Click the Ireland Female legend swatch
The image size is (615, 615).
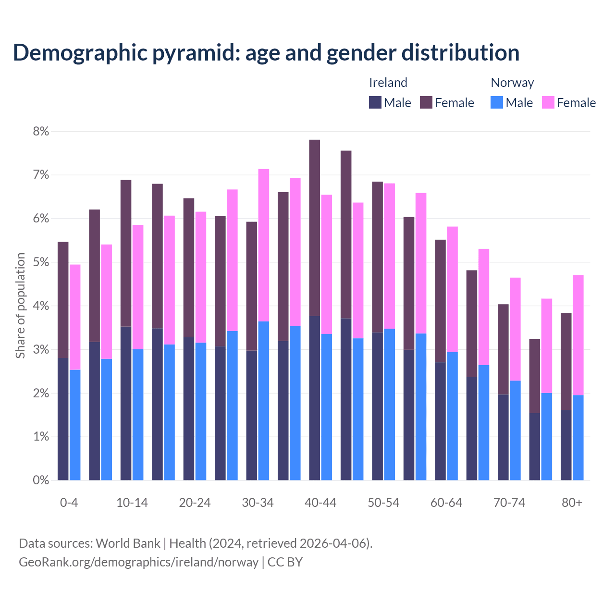click(426, 102)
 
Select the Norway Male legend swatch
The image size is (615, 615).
click(497, 102)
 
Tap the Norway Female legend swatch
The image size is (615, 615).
click(548, 102)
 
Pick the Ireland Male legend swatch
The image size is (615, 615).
click(375, 102)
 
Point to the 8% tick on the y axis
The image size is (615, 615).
click(41, 131)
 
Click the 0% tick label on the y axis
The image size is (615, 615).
click(41, 480)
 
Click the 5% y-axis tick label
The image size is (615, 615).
click(41, 262)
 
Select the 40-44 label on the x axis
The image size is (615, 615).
click(320, 503)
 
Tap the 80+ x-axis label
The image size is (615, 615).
click(572, 503)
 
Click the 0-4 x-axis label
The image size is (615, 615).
click(69, 503)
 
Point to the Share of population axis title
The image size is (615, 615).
click(20, 306)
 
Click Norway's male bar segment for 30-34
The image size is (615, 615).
click(264, 401)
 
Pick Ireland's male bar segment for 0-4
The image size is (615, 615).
click(63, 419)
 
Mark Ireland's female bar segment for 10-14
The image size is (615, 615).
click(126, 253)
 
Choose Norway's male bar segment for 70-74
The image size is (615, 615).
click(515, 430)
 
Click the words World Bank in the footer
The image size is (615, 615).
click(128, 543)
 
